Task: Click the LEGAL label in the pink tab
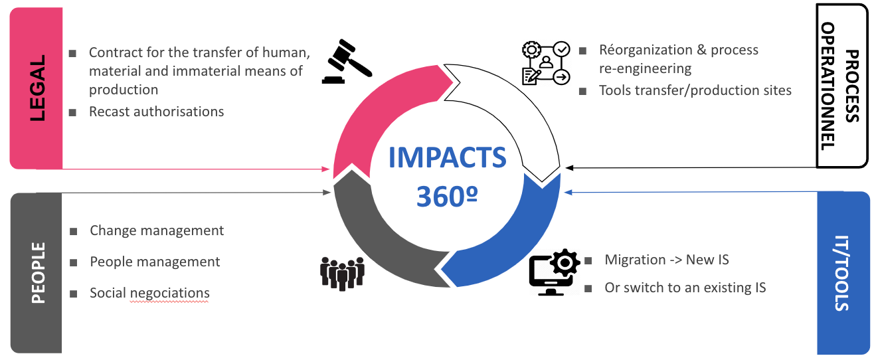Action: pyautogui.click(x=38, y=88)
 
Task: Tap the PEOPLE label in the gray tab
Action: pyautogui.click(x=39, y=273)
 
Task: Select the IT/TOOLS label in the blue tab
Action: pyautogui.click(x=841, y=273)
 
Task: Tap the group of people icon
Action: pyautogui.click(x=342, y=274)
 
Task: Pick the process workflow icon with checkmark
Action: pyautogui.click(x=546, y=63)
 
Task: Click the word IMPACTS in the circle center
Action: pyautogui.click(x=447, y=157)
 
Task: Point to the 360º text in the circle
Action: pyautogui.click(x=447, y=197)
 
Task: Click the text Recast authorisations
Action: pyautogui.click(x=157, y=112)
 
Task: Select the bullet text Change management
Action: pyautogui.click(x=157, y=231)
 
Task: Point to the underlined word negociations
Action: pyautogui.click(x=170, y=294)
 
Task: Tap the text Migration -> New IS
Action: pyautogui.click(x=667, y=260)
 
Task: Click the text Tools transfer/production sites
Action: pyautogui.click(x=695, y=90)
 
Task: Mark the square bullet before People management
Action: pyautogui.click(x=73, y=262)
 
